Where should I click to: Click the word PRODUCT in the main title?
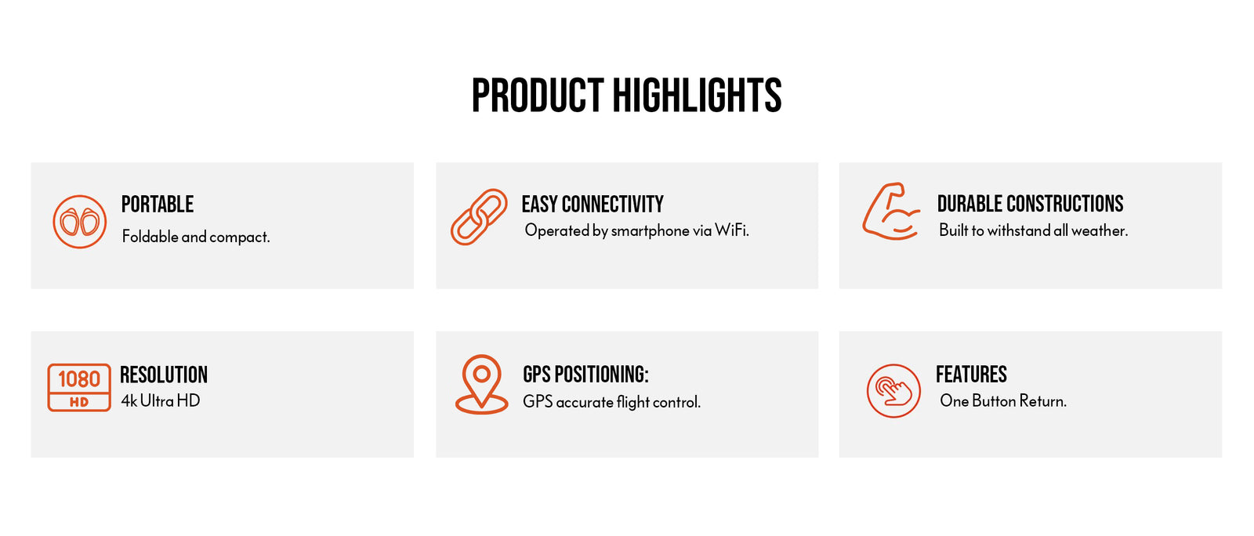coord(538,96)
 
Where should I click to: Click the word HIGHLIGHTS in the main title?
coord(697,96)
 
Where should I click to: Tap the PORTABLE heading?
coord(158,205)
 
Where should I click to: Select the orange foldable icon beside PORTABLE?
coord(79,222)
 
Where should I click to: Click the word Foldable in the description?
coord(150,236)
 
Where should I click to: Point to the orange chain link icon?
coord(479,216)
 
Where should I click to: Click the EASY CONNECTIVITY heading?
coord(593,205)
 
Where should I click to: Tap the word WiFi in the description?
coord(732,230)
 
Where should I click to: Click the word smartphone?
coord(650,231)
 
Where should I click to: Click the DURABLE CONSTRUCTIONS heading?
coord(1030,204)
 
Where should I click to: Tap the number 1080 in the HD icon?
coord(79,378)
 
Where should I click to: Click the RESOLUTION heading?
coord(164,375)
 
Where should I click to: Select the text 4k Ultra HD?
coord(161,400)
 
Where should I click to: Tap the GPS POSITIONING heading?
coord(585,375)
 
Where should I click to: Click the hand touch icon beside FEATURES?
coord(893,390)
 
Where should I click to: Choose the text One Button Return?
coord(1003,400)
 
